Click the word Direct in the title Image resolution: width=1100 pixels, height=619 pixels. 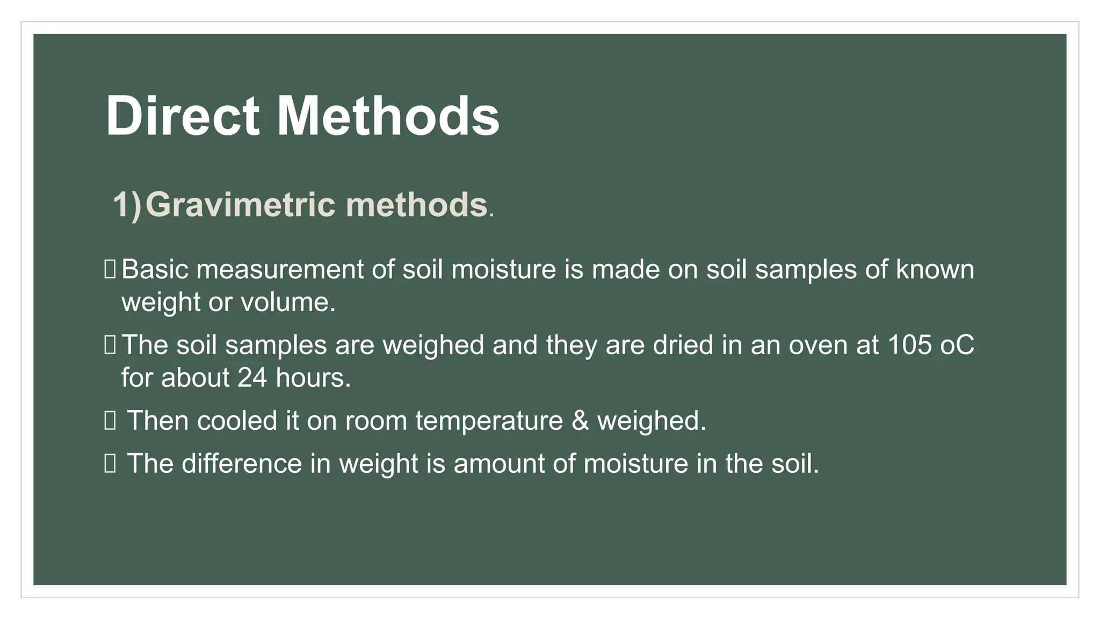point(183,116)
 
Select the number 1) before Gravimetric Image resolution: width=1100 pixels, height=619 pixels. point(127,205)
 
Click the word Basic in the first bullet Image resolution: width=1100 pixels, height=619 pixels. point(155,269)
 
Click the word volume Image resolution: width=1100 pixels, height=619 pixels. point(288,302)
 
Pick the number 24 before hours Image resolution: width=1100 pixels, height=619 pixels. point(252,378)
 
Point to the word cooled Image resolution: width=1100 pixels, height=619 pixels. point(237,421)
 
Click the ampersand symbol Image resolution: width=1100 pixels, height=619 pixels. point(580,421)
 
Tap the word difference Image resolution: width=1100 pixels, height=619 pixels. point(242,464)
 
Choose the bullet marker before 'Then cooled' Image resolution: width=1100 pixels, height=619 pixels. point(110,421)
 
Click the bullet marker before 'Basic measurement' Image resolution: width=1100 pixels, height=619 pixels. point(110,269)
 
